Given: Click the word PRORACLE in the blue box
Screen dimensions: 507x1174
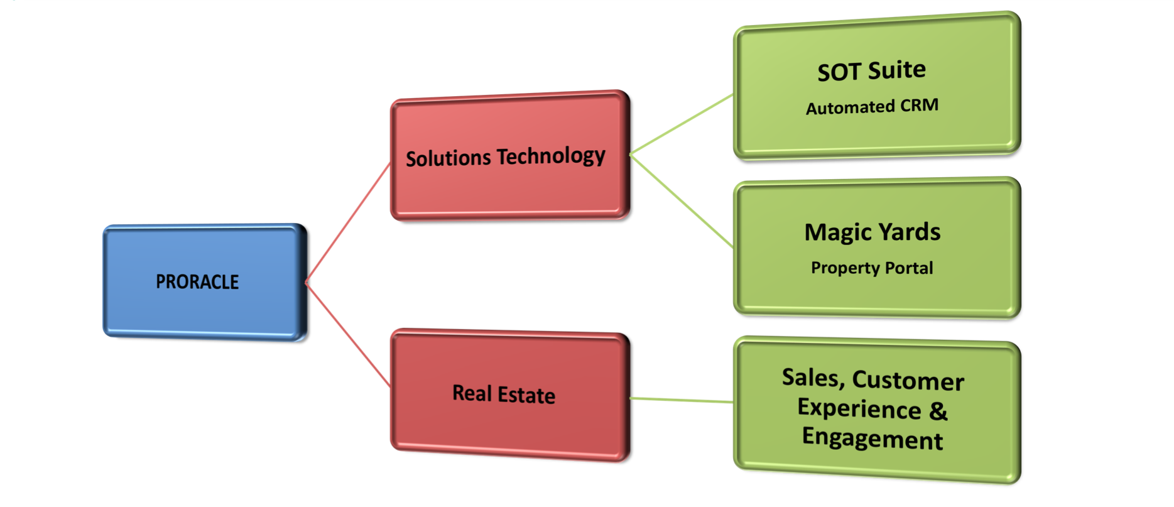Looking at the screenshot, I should click(197, 282).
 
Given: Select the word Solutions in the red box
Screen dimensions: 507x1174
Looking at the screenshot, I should click(448, 158).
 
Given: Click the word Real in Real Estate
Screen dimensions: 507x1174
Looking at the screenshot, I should click(472, 393).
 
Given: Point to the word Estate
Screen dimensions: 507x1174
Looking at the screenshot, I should click(526, 395).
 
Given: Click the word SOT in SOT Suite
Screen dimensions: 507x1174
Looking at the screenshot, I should click(839, 72).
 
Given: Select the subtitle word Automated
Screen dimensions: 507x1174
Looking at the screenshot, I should click(850, 107).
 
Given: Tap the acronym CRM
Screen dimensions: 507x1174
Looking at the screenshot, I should click(919, 105).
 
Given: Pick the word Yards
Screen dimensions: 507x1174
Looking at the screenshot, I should click(910, 232).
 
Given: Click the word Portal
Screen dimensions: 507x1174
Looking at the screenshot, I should click(909, 268).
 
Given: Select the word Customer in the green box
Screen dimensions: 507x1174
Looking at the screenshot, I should click(908, 381).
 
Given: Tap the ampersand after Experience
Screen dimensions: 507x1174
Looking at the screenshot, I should click(938, 411).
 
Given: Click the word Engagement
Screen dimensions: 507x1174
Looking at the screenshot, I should click(872, 439).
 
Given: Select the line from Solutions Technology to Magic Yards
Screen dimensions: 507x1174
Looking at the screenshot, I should click(682, 201).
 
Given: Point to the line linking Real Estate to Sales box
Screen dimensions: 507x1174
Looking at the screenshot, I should click(682, 400).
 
